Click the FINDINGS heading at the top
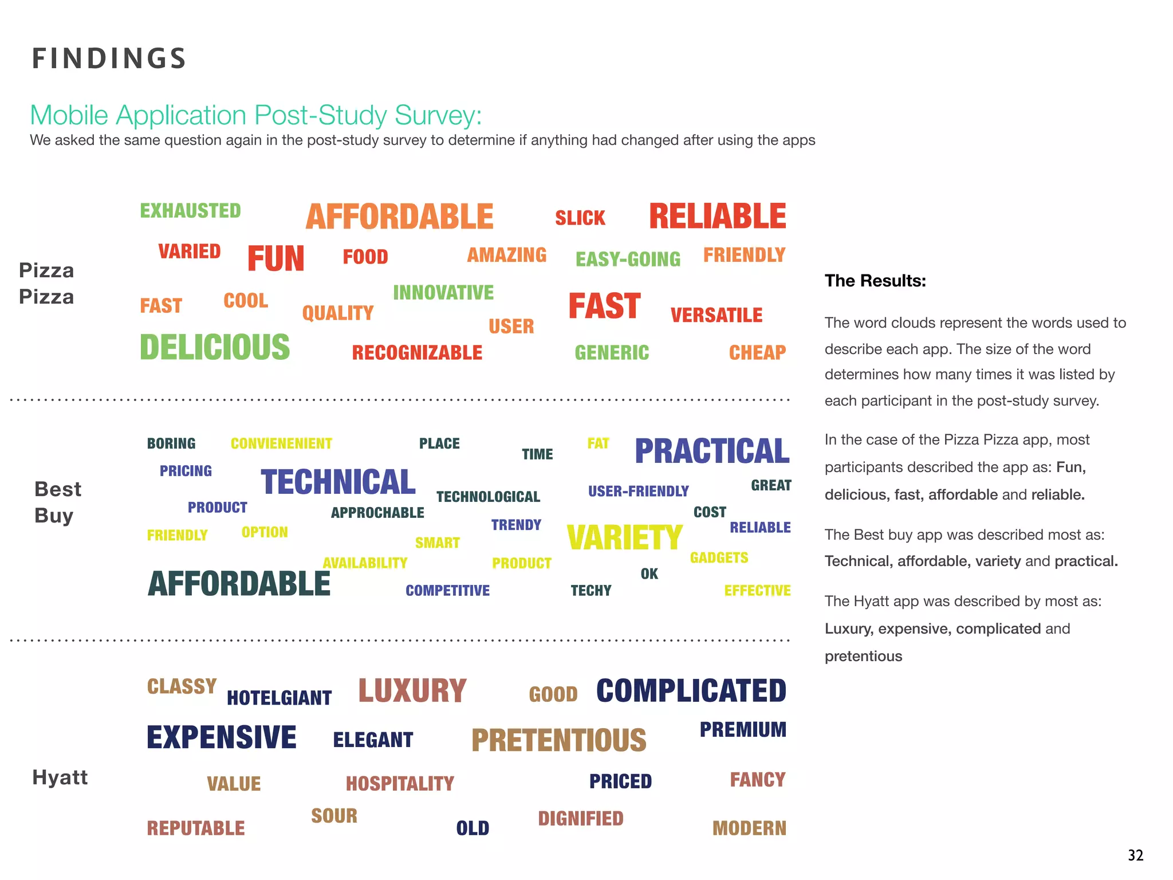coord(109,58)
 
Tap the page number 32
coord(1135,855)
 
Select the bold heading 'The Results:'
coord(875,281)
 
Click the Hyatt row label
coord(60,777)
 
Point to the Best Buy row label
coord(57,502)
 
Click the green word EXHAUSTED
coord(191,211)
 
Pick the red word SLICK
coord(580,218)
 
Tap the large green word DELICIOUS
coord(215,348)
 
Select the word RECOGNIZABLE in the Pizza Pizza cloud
coord(417,353)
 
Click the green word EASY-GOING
coord(628,260)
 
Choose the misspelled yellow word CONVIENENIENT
coord(281,444)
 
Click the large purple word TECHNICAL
coord(338,482)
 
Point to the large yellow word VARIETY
coord(624,537)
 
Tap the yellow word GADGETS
coord(719,558)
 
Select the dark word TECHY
coord(591,591)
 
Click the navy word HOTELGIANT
coord(279,698)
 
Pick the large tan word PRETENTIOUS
coord(558,740)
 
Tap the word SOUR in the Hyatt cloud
coord(334,816)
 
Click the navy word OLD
coord(473,828)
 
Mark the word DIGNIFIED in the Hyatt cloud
coord(580,819)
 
